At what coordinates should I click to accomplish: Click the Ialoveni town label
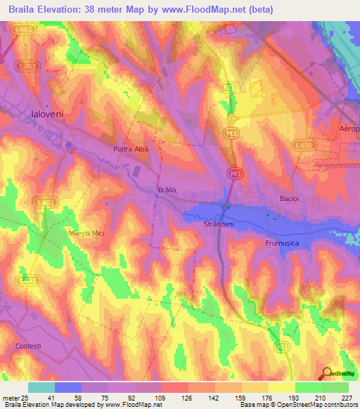(x=48, y=112)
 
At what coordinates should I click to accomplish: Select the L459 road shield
(x=303, y=144)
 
